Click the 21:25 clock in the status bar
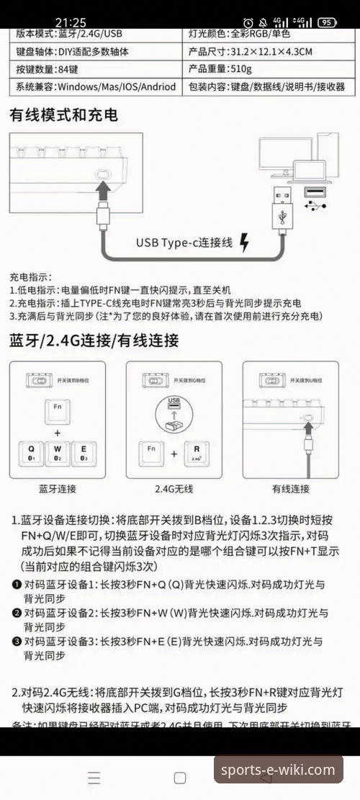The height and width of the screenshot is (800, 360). pos(70,22)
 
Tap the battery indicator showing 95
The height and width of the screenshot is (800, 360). pos(328,22)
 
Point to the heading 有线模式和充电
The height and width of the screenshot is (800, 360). pos(63,115)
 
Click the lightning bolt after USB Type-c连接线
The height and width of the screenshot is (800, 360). pos(243,243)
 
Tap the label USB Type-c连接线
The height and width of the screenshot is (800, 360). pos(184,243)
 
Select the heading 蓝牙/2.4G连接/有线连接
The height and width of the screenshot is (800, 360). pos(94,341)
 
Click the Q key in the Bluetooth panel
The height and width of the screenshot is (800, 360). pos(31,452)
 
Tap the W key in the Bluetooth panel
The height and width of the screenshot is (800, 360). pos(58,452)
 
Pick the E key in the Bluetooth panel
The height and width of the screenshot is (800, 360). pos(84,452)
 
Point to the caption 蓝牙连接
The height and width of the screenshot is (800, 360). pos(58,489)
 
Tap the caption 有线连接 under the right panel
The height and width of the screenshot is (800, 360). pos(291,489)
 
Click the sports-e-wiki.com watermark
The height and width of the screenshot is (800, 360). pos(277,770)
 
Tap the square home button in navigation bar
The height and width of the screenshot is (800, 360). pos(180,778)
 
